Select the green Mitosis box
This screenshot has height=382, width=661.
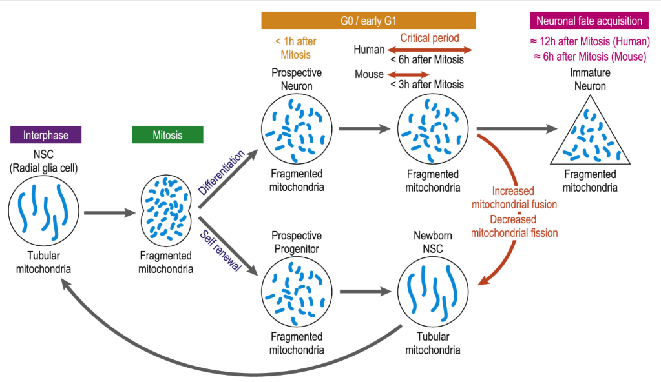click(167, 136)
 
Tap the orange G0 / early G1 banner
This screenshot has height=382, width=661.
click(368, 21)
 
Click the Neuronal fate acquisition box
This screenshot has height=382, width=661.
click(589, 21)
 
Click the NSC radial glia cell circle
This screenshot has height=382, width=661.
click(43, 210)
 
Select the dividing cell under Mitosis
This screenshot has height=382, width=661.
click(168, 210)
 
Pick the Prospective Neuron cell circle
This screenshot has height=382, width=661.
click(297, 128)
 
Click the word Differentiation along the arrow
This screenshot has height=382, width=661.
click(222, 172)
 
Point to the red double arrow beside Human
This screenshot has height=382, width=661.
click(430, 50)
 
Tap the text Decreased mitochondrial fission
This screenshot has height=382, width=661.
click(514, 226)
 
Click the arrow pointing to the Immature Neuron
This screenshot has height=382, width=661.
click(517, 128)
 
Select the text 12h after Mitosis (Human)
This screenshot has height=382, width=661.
click(589, 41)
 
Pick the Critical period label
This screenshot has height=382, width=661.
click(430, 38)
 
